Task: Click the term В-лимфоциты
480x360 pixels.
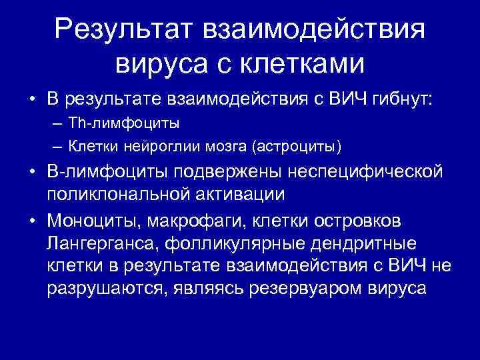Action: (108, 173)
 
